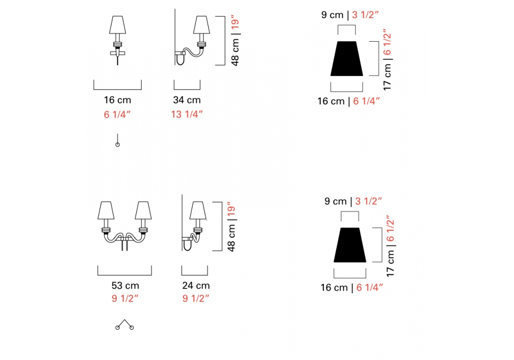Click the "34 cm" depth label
(187, 100)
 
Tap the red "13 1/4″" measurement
(187, 114)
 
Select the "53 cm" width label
(125, 285)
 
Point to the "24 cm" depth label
(196, 285)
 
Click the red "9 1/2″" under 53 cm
(125, 298)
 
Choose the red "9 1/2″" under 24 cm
(196, 298)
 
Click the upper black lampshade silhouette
(346, 59)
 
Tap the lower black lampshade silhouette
(350, 245)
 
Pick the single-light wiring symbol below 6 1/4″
(117, 140)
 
